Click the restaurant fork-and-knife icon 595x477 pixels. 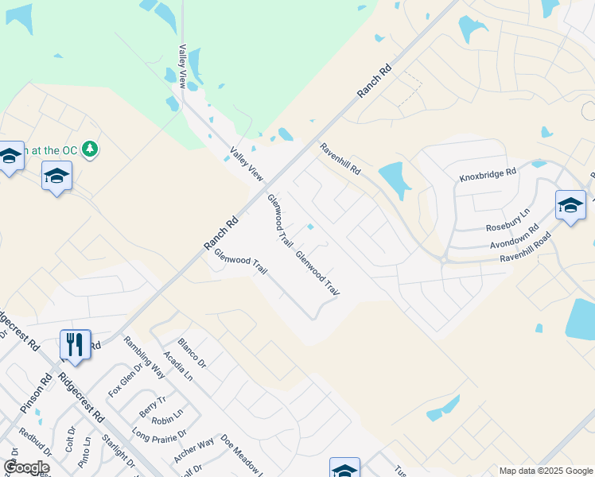click(x=75, y=344)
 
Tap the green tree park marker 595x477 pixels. click(x=91, y=149)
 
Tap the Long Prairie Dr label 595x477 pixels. click(x=159, y=435)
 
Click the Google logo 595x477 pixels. click(x=26, y=467)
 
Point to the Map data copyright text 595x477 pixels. click(x=546, y=471)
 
